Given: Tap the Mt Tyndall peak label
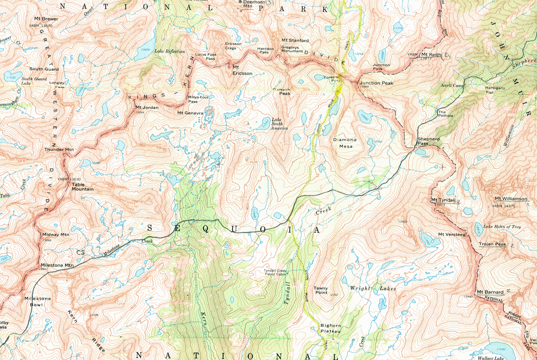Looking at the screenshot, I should tap(439, 200).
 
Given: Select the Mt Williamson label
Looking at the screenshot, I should tap(511, 199).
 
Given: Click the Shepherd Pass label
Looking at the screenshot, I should tap(429, 141).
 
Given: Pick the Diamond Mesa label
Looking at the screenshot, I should tap(345, 143).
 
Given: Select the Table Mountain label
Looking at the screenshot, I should tap(82, 186).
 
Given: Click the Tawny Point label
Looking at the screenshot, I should tap(321, 291).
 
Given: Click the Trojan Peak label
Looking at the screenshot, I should tap(492, 244).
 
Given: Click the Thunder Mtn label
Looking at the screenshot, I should tap(59, 149).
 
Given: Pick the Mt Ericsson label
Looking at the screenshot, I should tap(242, 70).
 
